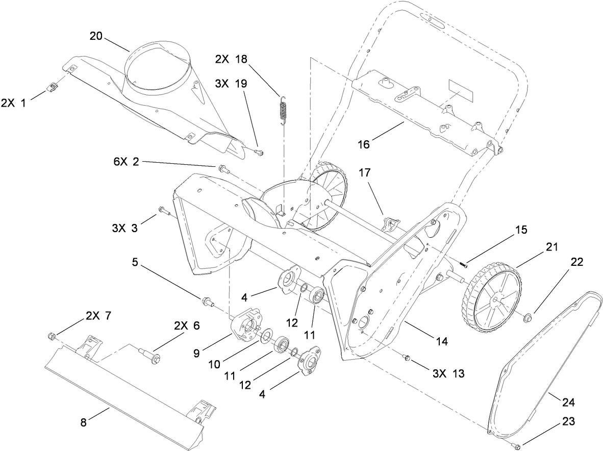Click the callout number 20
click(96, 36)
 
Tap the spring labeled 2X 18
click(282, 109)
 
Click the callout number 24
click(568, 403)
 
